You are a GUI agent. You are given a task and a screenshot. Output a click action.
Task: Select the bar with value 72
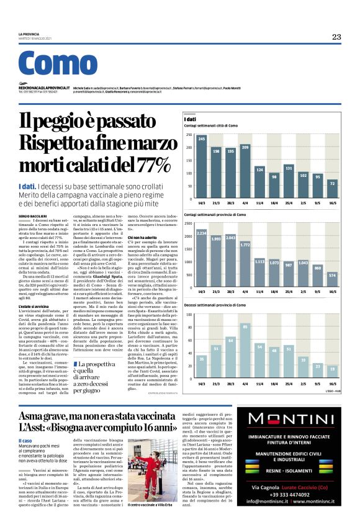pos(333,189)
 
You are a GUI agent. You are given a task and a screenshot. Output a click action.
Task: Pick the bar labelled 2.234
pos(202,258)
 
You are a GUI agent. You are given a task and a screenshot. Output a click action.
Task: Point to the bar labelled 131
pos(289,181)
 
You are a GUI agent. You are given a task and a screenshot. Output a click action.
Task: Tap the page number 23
pos(336,37)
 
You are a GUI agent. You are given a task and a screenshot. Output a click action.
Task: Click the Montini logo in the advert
pos(287,419)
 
